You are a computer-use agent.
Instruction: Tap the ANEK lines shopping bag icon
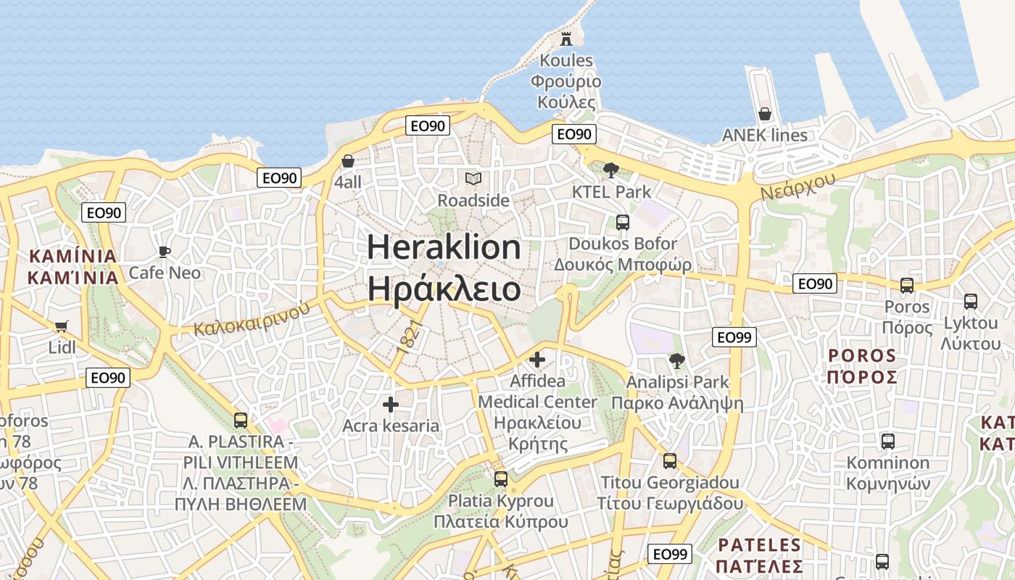pos(764,114)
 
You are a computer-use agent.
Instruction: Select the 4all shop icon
pos(348,160)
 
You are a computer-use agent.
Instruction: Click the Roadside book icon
pos(473,178)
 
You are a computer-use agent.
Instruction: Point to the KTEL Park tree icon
pos(611,170)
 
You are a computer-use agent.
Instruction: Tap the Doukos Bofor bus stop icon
pos(623,223)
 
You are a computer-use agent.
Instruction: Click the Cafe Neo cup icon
pos(165,252)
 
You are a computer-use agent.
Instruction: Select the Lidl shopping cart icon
pos(62,327)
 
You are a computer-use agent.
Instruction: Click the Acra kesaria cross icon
pos(391,404)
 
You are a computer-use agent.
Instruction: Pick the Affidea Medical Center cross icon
pos(537,359)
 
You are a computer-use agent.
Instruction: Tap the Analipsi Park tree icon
pos(677,360)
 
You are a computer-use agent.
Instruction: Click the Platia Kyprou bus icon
pos(501,478)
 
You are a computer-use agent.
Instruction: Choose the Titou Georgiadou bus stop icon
pos(670,460)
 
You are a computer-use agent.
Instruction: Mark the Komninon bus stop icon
pos(887,441)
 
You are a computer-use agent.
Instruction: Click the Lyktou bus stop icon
pos(970,301)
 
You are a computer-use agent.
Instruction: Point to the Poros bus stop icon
pos(907,285)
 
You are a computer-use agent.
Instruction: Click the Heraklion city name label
pos(444,248)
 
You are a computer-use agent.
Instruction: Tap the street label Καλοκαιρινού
pos(252,319)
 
